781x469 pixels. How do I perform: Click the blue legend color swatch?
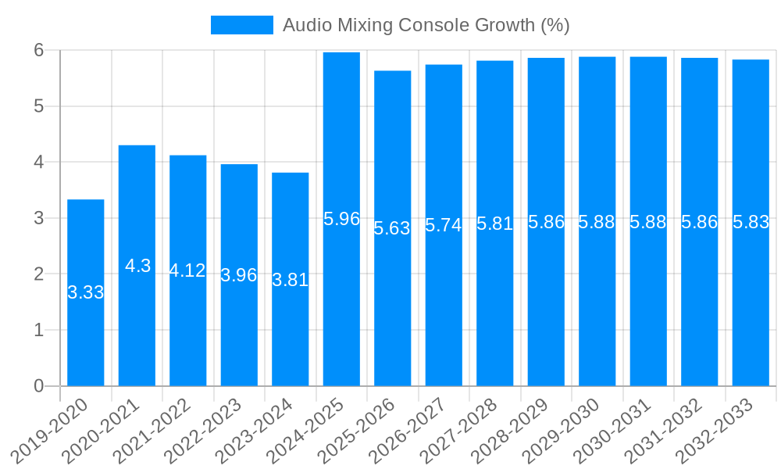click(x=242, y=25)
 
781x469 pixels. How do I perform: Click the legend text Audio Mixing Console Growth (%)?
click(x=426, y=25)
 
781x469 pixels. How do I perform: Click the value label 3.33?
click(x=86, y=292)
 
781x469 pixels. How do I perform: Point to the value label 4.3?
click(x=137, y=266)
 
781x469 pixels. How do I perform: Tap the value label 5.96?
click(x=341, y=219)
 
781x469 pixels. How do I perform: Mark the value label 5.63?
click(x=392, y=228)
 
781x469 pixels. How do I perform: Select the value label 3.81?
click(x=291, y=280)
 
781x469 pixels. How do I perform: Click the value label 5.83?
click(x=751, y=222)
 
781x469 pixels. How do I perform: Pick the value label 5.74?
click(x=444, y=225)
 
